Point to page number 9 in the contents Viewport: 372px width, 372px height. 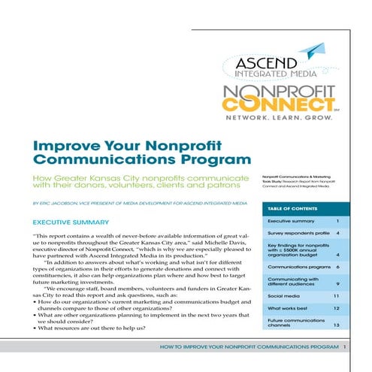340,283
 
